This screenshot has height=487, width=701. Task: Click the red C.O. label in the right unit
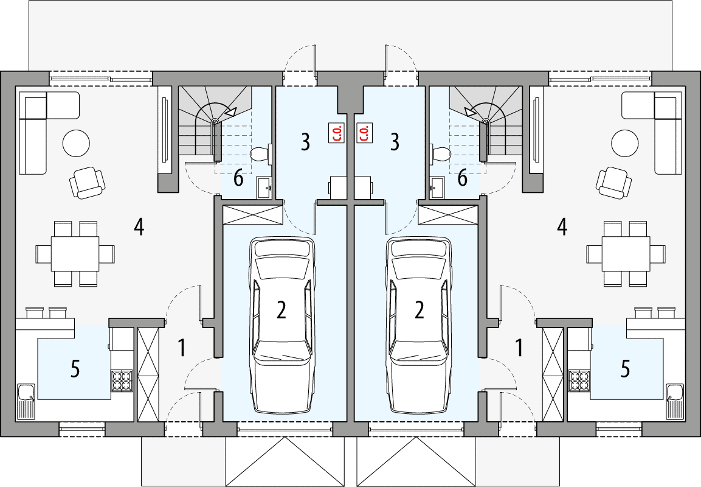pyautogui.click(x=365, y=133)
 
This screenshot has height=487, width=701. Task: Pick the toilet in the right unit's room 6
pyautogui.click(x=441, y=154)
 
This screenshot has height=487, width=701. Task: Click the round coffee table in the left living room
pyautogui.click(x=76, y=144)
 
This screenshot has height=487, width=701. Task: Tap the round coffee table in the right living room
pyautogui.click(x=625, y=144)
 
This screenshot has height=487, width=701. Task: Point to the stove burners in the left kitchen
pyautogui.click(x=122, y=381)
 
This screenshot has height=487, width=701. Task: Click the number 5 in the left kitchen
pyautogui.click(x=75, y=369)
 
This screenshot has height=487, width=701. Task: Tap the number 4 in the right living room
pyautogui.click(x=562, y=227)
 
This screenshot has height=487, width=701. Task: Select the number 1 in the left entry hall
pyautogui.click(x=181, y=348)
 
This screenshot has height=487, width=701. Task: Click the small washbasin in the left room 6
pyautogui.click(x=264, y=187)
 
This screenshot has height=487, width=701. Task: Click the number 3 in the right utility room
pyautogui.click(x=395, y=142)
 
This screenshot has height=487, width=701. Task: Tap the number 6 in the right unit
pyautogui.click(x=463, y=178)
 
